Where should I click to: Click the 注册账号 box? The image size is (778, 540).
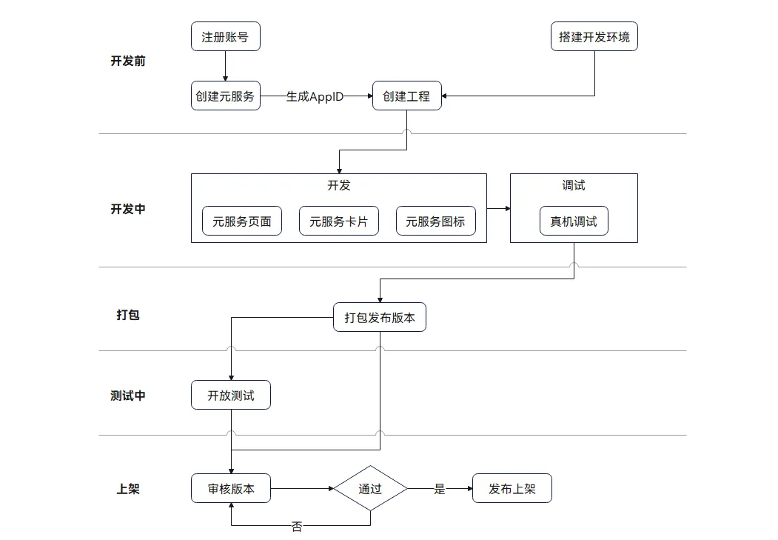[225, 37]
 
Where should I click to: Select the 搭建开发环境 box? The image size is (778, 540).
[594, 37]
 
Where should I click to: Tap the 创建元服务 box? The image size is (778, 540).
[225, 96]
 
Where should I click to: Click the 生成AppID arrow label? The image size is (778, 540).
[315, 96]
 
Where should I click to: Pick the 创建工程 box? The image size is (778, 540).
[406, 96]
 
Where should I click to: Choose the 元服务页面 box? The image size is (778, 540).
[242, 221]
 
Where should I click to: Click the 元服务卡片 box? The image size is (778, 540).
[338, 221]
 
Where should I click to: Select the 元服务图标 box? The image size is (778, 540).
[436, 221]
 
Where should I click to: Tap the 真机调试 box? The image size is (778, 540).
[574, 221]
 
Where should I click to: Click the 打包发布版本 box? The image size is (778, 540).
[380, 318]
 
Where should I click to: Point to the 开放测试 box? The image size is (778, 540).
[231, 396]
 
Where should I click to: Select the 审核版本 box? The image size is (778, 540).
[231, 489]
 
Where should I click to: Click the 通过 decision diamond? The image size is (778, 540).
[370, 489]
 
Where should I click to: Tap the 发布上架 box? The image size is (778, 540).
[512, 489]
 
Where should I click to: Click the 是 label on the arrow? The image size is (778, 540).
[440, 489]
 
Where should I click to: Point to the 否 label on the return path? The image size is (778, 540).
[297, 527]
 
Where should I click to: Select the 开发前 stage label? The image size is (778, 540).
[128, 61]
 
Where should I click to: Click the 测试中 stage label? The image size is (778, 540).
[128, 396]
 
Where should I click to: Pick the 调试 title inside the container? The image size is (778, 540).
[574, 185]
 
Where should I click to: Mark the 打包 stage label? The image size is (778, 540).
[128, 315]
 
